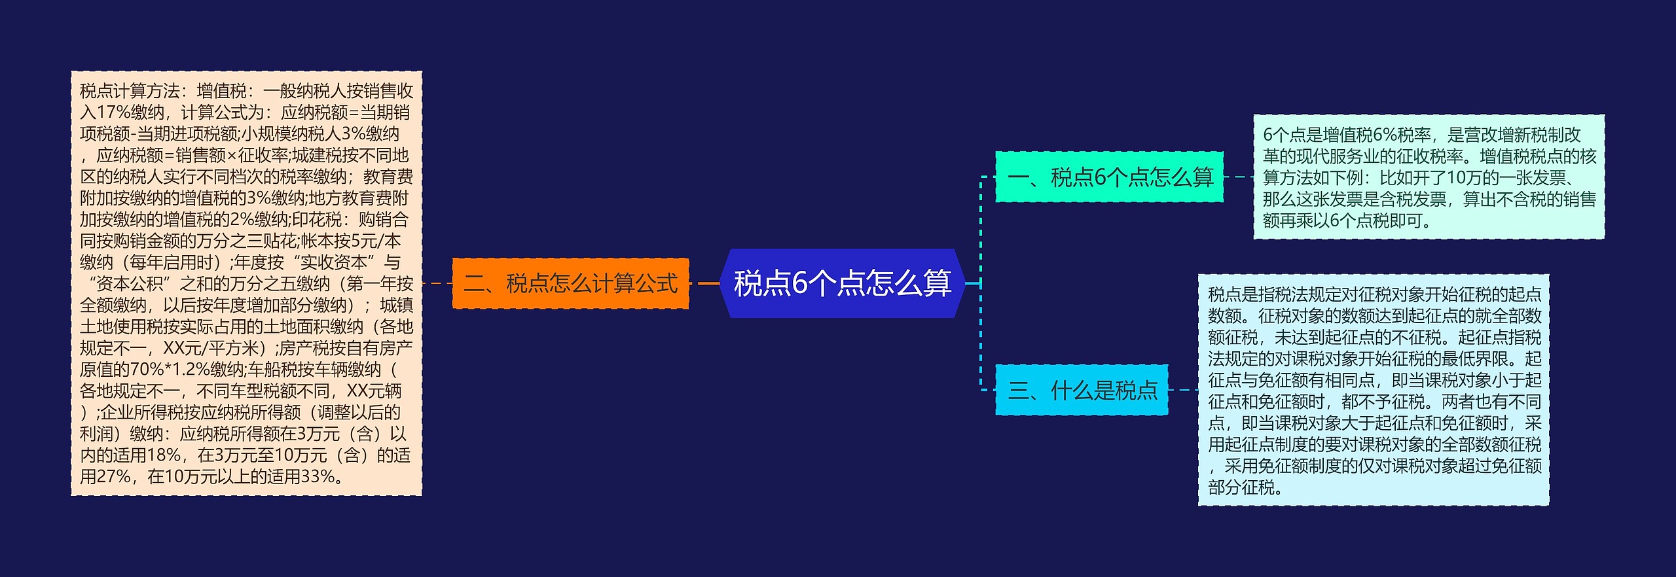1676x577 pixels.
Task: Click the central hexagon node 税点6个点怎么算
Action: [x=842, y=283]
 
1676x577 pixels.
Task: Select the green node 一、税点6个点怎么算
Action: [x=1109, y=177]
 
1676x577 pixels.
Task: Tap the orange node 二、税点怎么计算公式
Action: [x=570, y=283]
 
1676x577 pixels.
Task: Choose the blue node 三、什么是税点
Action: [x=1082, y=391]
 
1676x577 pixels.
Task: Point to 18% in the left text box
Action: [x=164, y=455]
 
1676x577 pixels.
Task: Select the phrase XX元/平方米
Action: [x=213, y=348]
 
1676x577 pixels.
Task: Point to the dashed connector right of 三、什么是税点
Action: [x=1182, y=391]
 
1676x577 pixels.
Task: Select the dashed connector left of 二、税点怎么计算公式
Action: [x=437, y=283]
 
